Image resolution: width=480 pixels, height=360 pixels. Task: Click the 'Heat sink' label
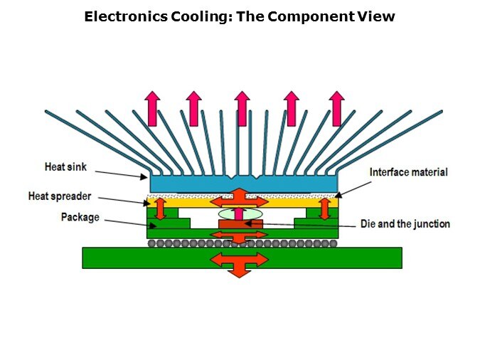coord(65,167)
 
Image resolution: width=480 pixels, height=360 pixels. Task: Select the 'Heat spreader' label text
coord(59,196)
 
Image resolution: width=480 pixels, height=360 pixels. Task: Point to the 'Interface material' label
coord(408,172)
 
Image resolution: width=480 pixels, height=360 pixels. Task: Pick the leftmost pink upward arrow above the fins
coord(151,108)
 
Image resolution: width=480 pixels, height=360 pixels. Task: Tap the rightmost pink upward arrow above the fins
coord(336,108)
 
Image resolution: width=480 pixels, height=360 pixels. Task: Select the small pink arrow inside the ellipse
coord(240,213)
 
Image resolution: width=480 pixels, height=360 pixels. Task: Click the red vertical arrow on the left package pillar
coord(161,208)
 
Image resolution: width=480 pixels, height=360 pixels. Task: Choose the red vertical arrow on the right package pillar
coord(325,208)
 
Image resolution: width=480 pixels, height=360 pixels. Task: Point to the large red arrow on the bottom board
coord(240,261)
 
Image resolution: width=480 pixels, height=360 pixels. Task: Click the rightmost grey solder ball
coord(334,243)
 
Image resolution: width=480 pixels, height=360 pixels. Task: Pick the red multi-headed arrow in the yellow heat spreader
coord(240,197)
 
